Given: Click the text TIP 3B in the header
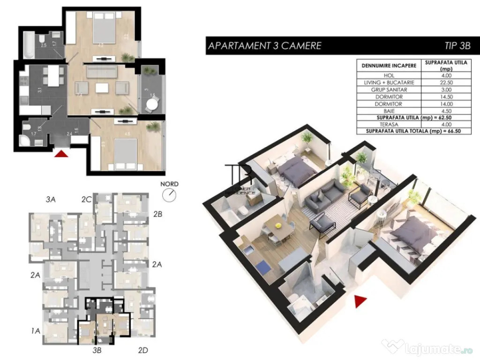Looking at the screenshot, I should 456,46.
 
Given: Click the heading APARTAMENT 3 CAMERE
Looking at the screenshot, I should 264,46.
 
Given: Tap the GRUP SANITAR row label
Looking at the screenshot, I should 389,90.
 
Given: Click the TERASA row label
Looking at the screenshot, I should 389,125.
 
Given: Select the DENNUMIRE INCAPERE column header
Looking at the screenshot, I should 389,65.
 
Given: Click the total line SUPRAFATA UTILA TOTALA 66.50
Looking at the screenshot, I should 412,132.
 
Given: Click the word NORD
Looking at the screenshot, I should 169,184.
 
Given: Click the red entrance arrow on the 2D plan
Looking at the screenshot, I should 62,153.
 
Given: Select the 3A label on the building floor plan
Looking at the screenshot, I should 51,199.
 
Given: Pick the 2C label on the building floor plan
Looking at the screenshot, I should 86,199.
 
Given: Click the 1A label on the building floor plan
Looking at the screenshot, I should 36,331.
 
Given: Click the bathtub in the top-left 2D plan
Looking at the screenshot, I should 28,45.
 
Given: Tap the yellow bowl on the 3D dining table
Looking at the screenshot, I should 278,225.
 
